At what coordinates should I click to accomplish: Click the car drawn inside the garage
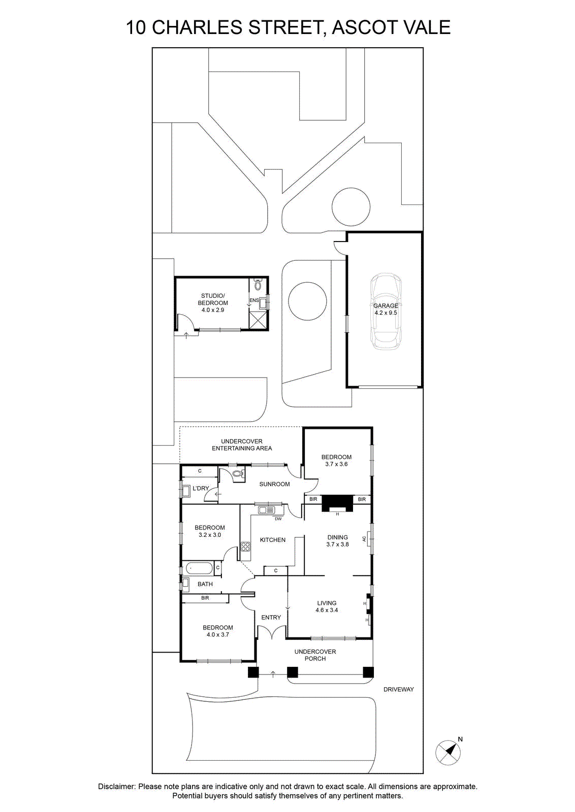click(386, 312)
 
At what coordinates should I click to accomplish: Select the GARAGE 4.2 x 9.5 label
click(386, 309)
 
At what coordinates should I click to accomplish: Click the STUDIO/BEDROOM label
click(213, 299)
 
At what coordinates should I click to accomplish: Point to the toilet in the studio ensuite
click(258, 284)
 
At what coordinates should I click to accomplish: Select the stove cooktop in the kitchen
click(246, 546)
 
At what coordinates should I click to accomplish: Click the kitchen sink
click(268, 510)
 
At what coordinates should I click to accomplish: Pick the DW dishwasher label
click(278, 519)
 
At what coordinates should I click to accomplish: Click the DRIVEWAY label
click(399, 690)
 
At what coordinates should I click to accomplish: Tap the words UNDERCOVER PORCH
click(315, 655)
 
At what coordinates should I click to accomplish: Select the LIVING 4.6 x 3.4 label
click(327, 606)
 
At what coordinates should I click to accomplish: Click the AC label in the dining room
click(364, 539)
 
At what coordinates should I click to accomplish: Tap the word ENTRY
click(271, 617)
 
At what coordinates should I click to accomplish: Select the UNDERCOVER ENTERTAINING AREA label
click(242, 445)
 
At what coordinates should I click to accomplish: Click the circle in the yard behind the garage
click(351, 207)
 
